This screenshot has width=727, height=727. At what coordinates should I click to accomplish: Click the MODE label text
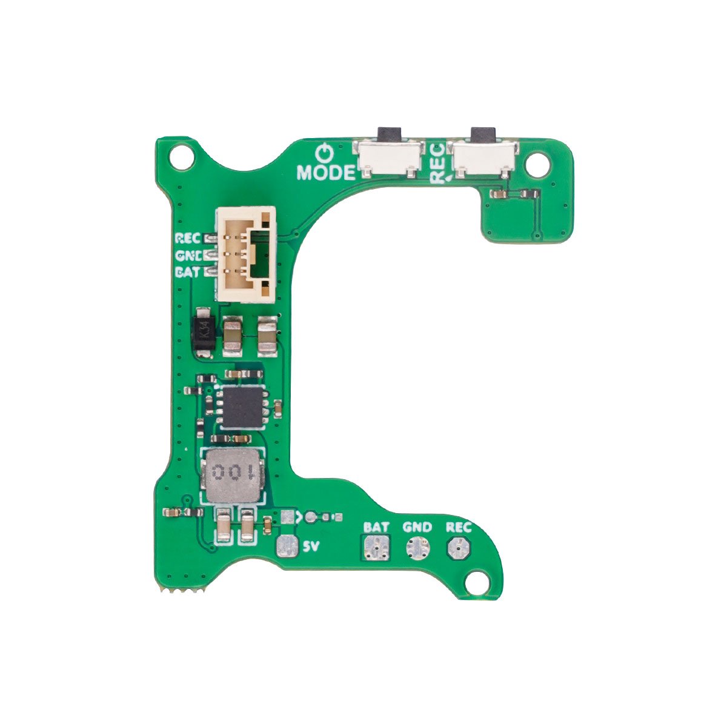[325, 173]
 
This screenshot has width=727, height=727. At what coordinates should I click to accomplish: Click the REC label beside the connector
[187, 237]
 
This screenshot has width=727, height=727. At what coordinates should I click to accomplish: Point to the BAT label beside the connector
[187, 272]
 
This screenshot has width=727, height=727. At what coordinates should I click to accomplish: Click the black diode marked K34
[202, 333]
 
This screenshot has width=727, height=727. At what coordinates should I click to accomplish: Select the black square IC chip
[241, 406]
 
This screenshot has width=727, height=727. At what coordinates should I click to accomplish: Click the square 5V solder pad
[287, 546]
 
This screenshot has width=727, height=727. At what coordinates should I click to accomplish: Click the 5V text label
[310, 547]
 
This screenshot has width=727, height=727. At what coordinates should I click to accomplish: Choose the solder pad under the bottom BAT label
[376, 547]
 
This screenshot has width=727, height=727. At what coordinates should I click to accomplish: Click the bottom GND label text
[417, 527]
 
